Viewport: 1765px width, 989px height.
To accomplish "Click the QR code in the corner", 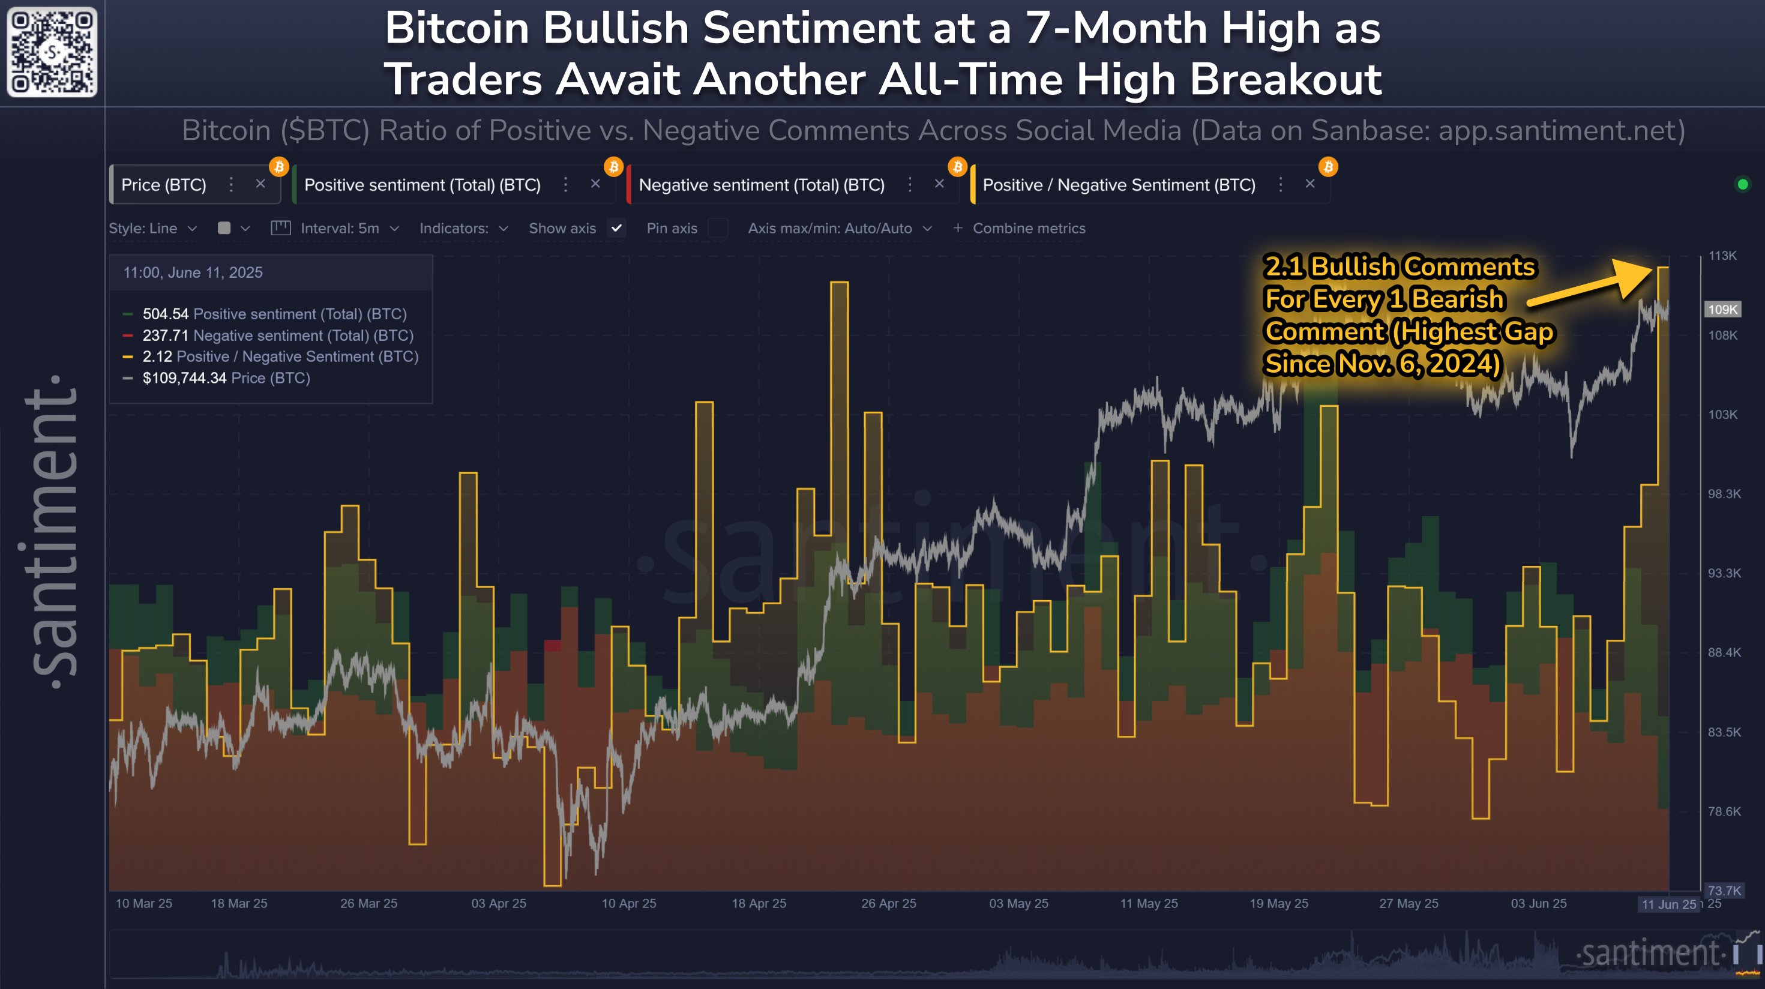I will tap(52, 52).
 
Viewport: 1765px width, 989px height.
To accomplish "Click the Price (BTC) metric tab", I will tap(164, 185).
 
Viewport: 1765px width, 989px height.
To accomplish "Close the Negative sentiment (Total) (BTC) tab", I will tap(939, 184).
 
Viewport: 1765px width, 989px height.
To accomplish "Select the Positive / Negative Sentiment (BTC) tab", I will tap(1118, 185).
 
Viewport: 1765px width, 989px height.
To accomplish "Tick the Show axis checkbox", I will tap(617, 228).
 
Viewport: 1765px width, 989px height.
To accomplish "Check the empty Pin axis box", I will tap(717, 228).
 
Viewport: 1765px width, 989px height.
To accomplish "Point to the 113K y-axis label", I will tap(1722, 256).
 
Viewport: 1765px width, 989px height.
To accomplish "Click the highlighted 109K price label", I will tap(1722, 309).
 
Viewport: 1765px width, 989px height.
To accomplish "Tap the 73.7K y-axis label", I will tap(1723, 891).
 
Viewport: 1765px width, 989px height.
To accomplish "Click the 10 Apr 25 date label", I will tap(628, 903).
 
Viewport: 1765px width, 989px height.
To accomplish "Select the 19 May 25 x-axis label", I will tap(1278, 903).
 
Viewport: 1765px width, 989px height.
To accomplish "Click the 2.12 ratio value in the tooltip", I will tap(157, 356).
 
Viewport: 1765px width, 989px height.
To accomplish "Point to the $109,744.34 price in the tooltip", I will tap(184, 378).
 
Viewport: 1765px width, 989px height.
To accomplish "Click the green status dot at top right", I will tap(1742, 184).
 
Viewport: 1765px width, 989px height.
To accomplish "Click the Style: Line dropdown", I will tap(152, 228).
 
